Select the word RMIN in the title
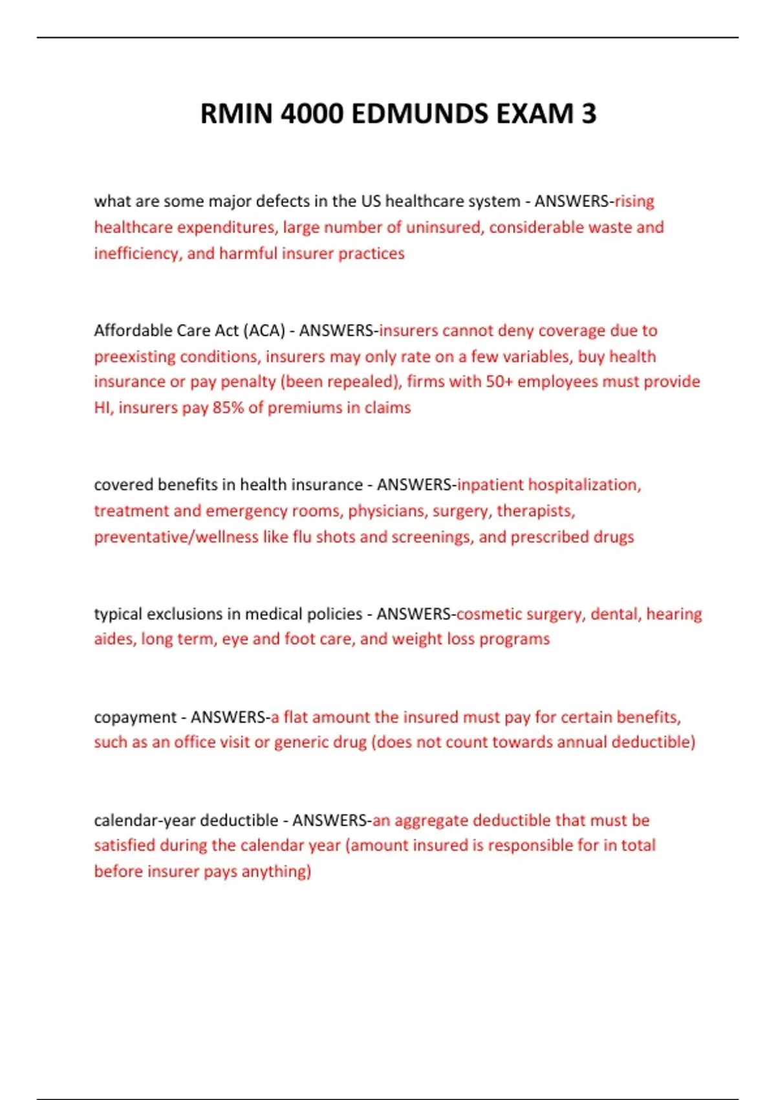pos(236,114)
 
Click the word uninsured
pos(444,227)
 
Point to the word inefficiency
pos(136,253)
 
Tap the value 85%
pos(228,408)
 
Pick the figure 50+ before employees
pos(499,381)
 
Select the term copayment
pos(135,717)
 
